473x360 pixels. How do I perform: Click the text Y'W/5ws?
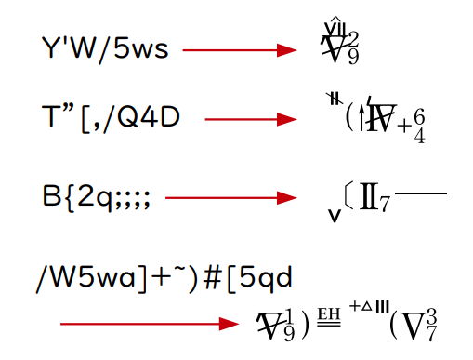(x=105, y=48)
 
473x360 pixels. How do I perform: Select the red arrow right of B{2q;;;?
(x=231, y=198)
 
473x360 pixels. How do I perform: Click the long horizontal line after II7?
(x=420, y=193)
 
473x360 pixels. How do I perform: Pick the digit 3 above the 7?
(x=430, y=313)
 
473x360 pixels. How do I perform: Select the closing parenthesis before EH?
(x=305, y=325)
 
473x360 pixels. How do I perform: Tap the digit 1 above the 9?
(x=291, y=314)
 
